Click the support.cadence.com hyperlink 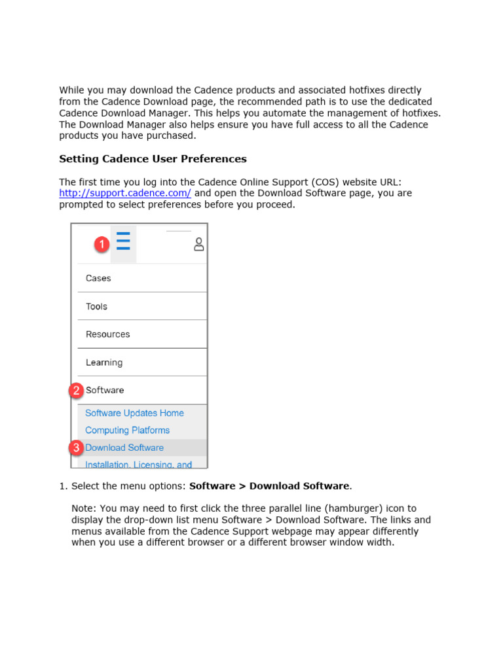(x=124, y=193)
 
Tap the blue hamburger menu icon (x=123, y=242)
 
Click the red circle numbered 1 (x=101, y=245)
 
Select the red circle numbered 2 (x=77, y=391)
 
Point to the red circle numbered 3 (x=77, y=448)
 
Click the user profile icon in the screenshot (x=199, y=245)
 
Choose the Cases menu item (x=98, y=278)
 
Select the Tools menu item (x=96, y=306)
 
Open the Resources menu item (x=107, y=334)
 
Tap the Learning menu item (x=104, y=362)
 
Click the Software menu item (x=105, y=391)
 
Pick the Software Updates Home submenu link (x=134, y=413)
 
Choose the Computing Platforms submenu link (x=127, y=431)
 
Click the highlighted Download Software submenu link (x=124, y=448)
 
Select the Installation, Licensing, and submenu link (x=138, y=464)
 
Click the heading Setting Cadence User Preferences (x=153, y=159)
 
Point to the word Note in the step (x=83, y=508)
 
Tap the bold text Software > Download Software (x=269, y=486)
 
